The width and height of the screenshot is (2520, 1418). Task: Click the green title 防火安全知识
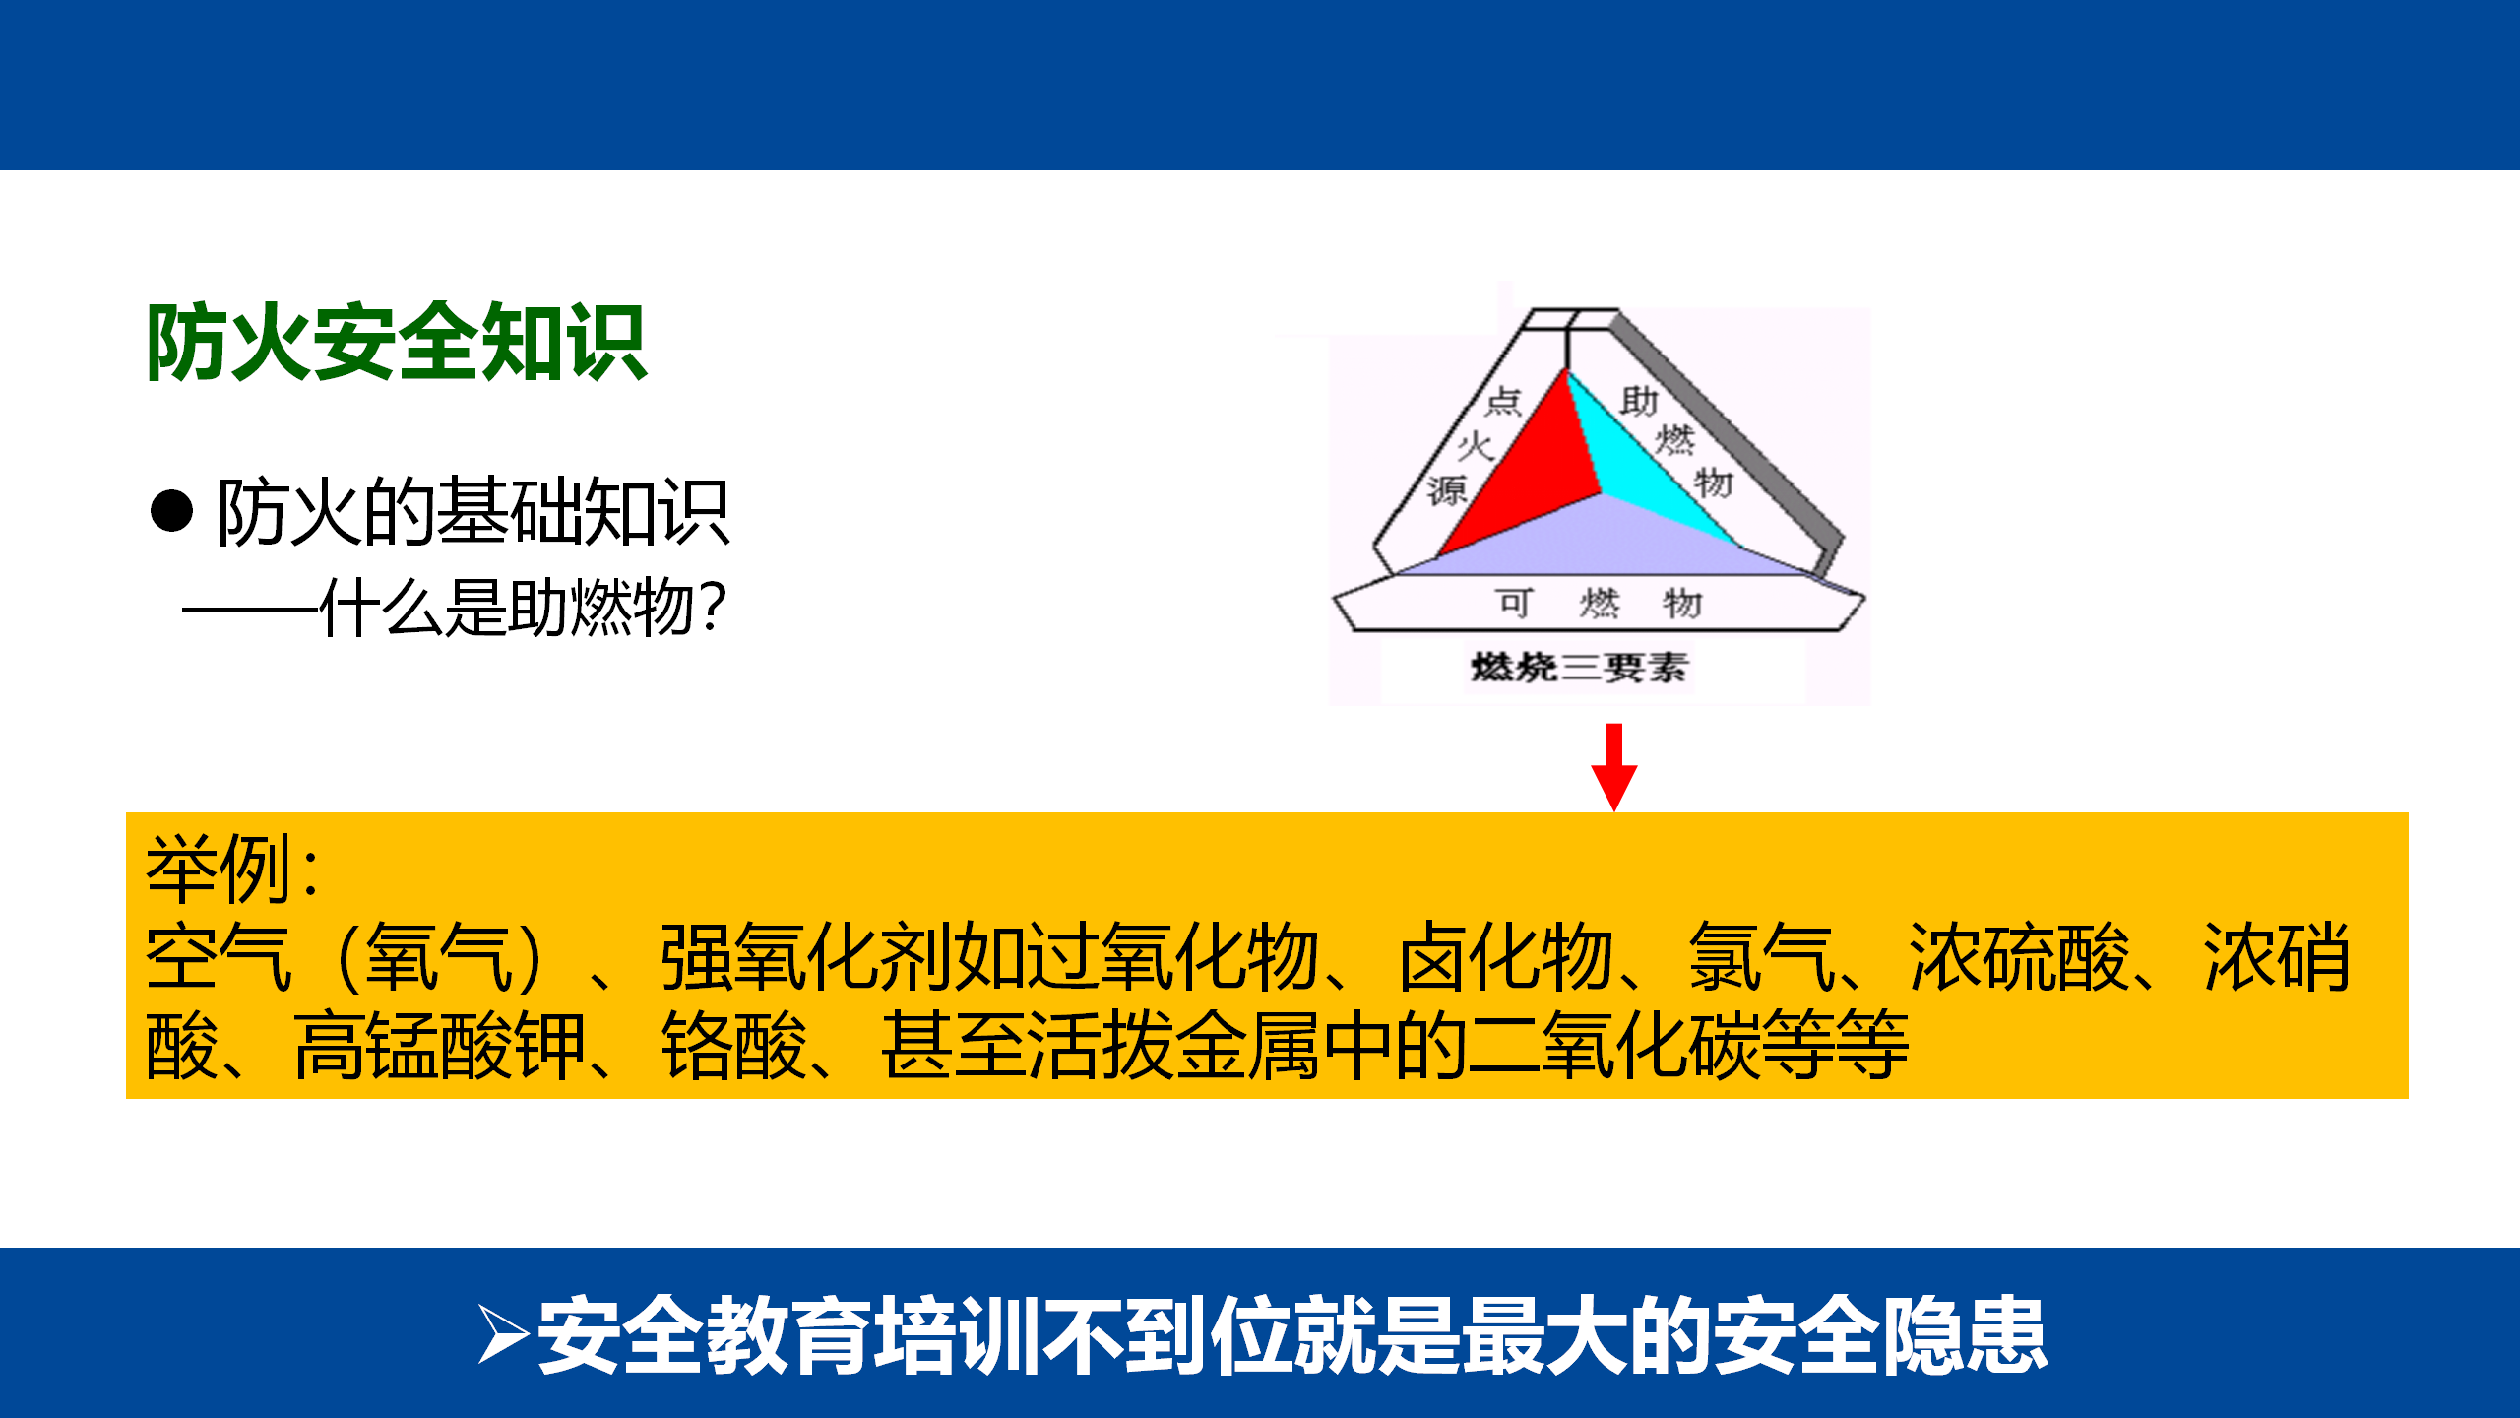coord(397,343)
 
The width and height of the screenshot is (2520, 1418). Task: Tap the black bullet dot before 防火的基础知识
coord(171,511)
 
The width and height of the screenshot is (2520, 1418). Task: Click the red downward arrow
coord(1614,767)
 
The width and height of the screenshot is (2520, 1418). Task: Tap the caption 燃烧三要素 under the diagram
coord(1579,668)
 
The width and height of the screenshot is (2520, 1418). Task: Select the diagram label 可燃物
coord(1599,603)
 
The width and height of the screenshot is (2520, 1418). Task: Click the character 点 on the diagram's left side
coord(1504,401)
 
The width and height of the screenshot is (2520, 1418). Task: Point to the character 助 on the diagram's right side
coord(1639,401)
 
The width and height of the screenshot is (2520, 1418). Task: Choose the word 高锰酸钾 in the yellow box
coord(440,1046)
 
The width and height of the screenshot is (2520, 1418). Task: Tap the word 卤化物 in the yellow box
coord(1507,957)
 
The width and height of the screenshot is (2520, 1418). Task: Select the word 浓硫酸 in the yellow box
coord(2019,957)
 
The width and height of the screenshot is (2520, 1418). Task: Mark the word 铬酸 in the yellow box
coord(735,1046)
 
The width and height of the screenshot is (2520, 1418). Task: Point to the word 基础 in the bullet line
coord(510,511)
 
